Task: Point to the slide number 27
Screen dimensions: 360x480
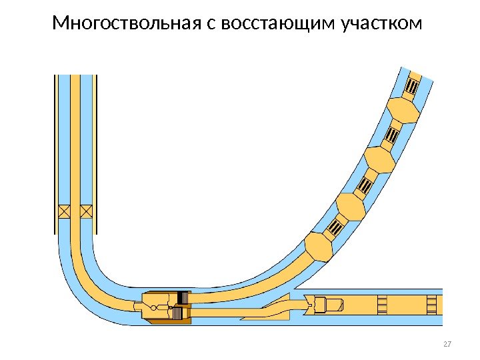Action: tap(447, 344)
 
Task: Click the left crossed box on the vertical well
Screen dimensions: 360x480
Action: tap(65, 211)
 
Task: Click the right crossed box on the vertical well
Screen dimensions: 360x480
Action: tap(86, 211)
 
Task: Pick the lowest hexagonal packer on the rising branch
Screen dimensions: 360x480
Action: tap(319, 246)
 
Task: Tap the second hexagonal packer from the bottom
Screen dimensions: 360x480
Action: tap(350, 207)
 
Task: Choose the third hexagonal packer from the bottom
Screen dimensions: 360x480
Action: tap(378, 160)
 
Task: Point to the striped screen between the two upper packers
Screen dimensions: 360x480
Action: tap(392, 136)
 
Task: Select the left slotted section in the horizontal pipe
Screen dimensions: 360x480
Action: tap(382, 305)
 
